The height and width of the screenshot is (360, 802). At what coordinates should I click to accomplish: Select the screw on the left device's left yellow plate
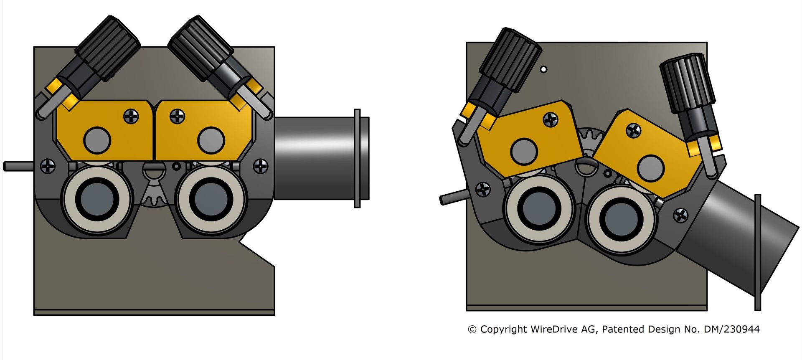coord(131,116)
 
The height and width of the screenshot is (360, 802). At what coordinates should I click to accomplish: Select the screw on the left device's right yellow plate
coord(178,116)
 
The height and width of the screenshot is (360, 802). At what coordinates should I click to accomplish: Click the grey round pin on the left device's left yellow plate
coord(97,140)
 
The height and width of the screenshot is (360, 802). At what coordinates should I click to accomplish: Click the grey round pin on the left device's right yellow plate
coord(211,140)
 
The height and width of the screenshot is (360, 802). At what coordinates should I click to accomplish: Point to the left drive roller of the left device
coord(97,199)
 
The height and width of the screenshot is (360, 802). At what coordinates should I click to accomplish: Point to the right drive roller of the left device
coord(211,199)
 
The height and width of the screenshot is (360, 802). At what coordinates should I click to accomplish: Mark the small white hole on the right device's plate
coord(543,70)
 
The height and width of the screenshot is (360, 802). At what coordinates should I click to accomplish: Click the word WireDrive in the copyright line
coord(554,330)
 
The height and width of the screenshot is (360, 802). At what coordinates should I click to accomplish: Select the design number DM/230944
coord(731,330)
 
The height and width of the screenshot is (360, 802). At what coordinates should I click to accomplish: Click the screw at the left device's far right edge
coord(261,166)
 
